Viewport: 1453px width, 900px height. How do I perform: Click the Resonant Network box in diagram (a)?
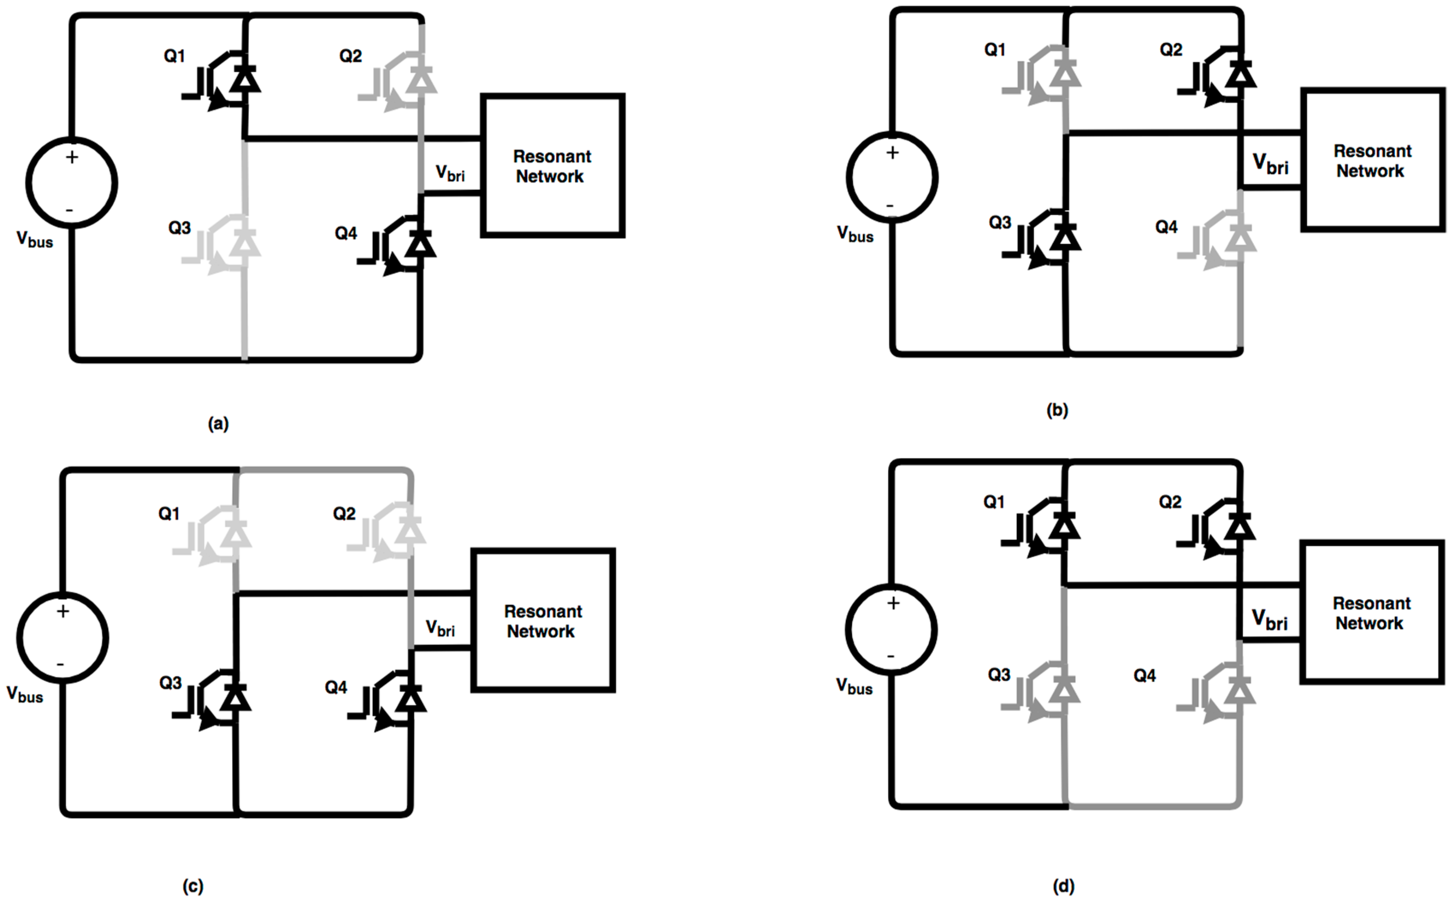[552, 166]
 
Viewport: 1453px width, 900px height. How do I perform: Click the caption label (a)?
[218, 424]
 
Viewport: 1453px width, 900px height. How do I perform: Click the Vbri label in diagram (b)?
[1270, 164]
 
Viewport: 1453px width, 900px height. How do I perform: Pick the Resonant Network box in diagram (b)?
[1372, 160]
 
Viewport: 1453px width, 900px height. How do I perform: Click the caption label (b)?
[1057, 410]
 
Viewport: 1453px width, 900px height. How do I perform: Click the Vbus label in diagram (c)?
[25, 694]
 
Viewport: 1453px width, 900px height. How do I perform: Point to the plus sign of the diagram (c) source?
[62, 611]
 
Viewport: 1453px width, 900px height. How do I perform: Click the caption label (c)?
[193, 886]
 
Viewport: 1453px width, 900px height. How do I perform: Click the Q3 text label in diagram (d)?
[999, 674]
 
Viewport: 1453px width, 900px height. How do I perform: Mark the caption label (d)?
[1063, 886]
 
